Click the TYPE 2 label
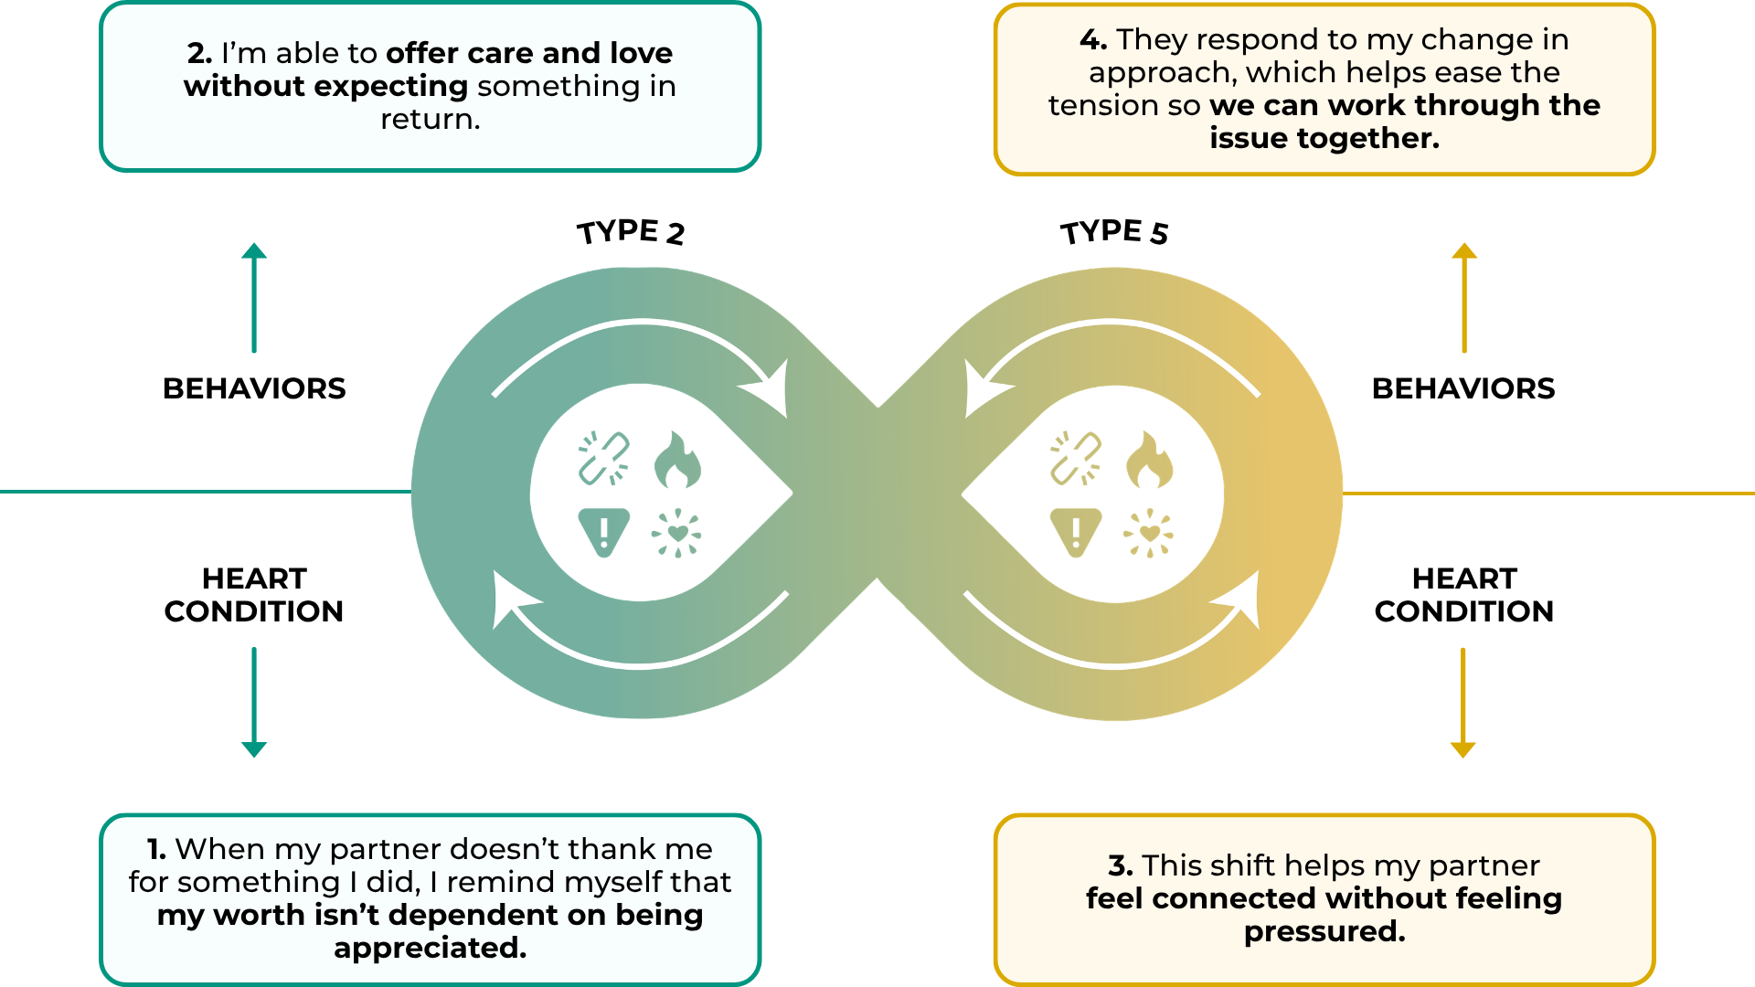[631, 232]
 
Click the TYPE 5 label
[1114, 232]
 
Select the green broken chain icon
[604, 458]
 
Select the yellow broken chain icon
[1076, 458]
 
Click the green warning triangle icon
[604, 532]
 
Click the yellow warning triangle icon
[1076, 532]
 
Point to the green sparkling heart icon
[676, 533]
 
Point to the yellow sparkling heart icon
[1149, 533]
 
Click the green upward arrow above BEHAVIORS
[254, 297]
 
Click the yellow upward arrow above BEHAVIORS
[1464, 297]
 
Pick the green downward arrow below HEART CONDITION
[254, 702]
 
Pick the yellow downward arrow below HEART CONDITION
[1463, 702]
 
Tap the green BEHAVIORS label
[254, 388]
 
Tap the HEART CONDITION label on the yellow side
[1463, 595]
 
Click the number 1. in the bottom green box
[157, 849]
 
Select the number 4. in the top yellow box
[1093, 39]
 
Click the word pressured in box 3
[1324, 931]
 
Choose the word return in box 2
[430, 119]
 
